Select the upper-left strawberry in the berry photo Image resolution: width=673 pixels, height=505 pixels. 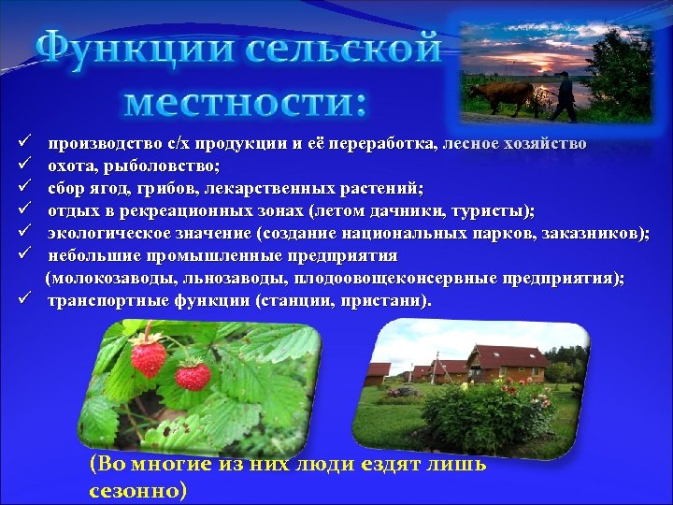point(148,354)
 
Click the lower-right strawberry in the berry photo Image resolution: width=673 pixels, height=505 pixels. point(193,375)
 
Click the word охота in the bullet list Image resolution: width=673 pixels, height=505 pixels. point(74,165)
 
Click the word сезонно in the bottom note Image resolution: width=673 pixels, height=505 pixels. point(138,490)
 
